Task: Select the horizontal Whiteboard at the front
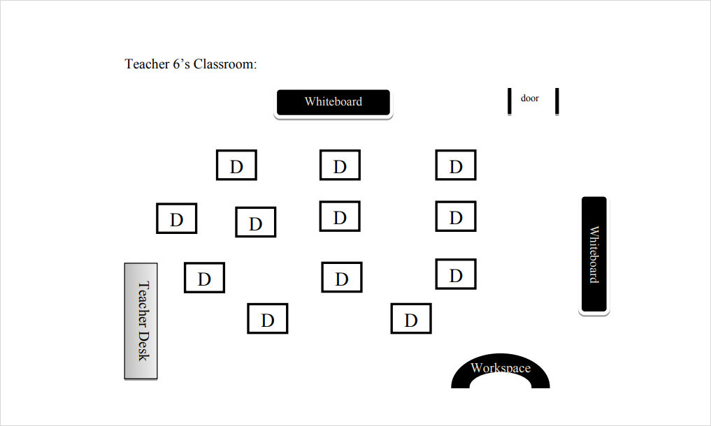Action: [x=333, y=103]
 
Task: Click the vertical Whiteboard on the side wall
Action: [x=594, y=254]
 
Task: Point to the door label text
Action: [x=530, y=98]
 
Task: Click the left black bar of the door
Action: [x=510, y=102]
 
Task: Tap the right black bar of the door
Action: [x=557, y=102]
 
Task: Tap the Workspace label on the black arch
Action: [x=501, y=368]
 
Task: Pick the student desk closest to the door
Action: [x=456, y=166]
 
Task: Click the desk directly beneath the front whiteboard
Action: [x=340, y=166]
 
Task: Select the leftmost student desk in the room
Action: [x=176, y=219]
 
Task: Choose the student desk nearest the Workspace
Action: [x=411, y=319]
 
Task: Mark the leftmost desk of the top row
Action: [x=236, y=166]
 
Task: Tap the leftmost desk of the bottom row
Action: [x=267, y=319]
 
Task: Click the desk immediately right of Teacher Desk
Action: [x=204, y=278]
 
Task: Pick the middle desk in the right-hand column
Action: [x=456, y=216]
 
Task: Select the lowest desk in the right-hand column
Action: [x=456, y=274]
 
